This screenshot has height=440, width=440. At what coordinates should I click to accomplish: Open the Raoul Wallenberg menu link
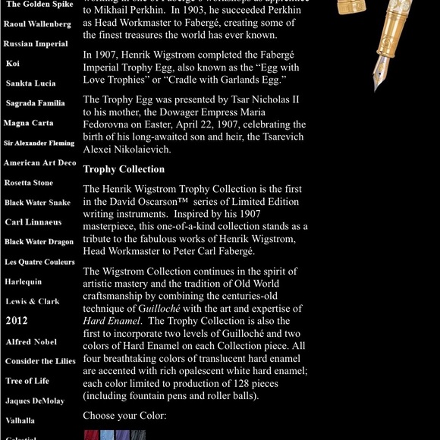point(37,24)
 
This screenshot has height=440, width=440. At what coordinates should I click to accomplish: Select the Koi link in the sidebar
point(13,64)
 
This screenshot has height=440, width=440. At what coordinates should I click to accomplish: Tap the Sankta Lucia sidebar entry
point(30,83)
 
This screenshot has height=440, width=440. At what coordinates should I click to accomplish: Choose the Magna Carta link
point(28,123)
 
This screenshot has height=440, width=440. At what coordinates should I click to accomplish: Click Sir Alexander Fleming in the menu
point(39,143)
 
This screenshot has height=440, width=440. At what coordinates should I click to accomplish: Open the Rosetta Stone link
point(29,183)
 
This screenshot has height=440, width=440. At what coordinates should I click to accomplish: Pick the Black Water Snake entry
point(37,203)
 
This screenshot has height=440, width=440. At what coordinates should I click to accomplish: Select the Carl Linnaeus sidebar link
point(33,222)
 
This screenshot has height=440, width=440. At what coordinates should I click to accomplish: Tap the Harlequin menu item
point(23,281)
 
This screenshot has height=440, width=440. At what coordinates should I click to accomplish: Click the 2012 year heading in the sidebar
point(17,321)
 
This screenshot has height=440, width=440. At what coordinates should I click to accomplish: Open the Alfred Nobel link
point(31,342)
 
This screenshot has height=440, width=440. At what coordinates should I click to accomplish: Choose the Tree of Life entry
point(27,381)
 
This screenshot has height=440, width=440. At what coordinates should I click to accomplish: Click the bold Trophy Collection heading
point(124,169)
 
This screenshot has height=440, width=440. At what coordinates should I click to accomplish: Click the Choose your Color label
point(124,416)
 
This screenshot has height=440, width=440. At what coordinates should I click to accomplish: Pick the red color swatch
point(91,435)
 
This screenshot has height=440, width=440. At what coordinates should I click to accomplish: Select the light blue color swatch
point(107,435)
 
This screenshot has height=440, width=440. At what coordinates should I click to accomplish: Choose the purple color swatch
point(122,435)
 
